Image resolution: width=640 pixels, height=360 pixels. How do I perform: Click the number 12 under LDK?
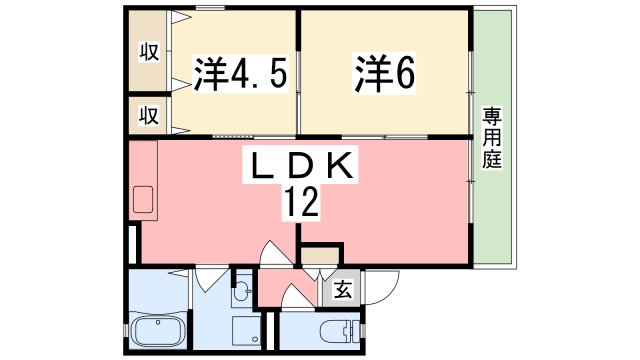[299, 204]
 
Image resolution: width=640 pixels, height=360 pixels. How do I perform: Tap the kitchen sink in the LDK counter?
[141, 201]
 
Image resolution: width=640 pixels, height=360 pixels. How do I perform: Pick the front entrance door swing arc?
[293, 297]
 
